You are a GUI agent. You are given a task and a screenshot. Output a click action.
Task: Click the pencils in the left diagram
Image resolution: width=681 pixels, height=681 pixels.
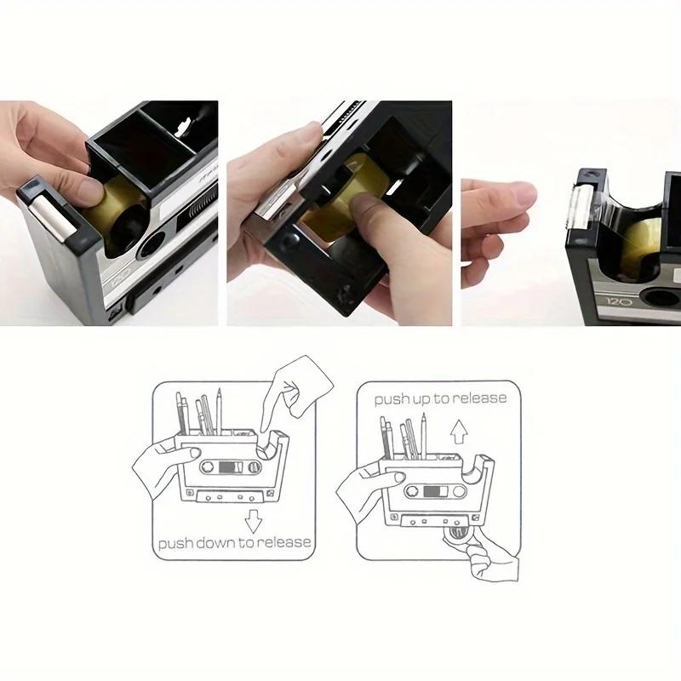click(199, 413)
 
